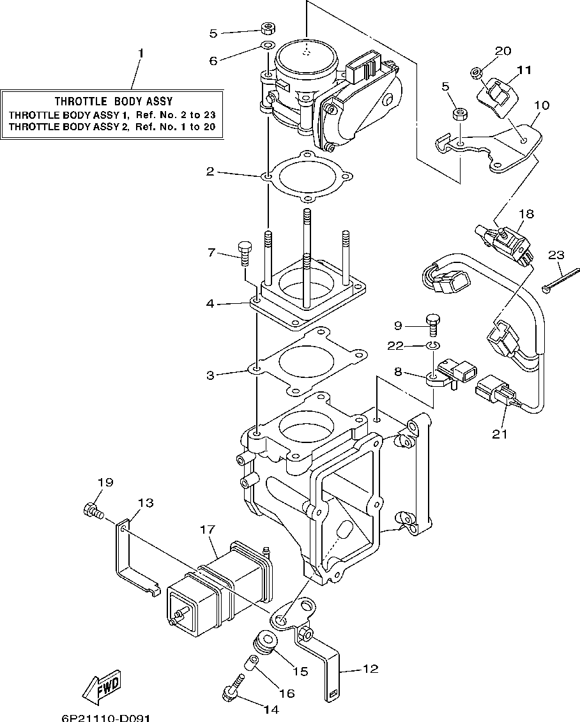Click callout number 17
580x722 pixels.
point(208,529)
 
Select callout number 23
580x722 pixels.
point(556,255)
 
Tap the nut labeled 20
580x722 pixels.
point(477,73)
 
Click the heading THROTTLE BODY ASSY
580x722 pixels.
point(113,101)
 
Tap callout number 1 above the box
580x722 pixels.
point(141,53)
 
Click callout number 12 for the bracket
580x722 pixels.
point(370,669)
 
